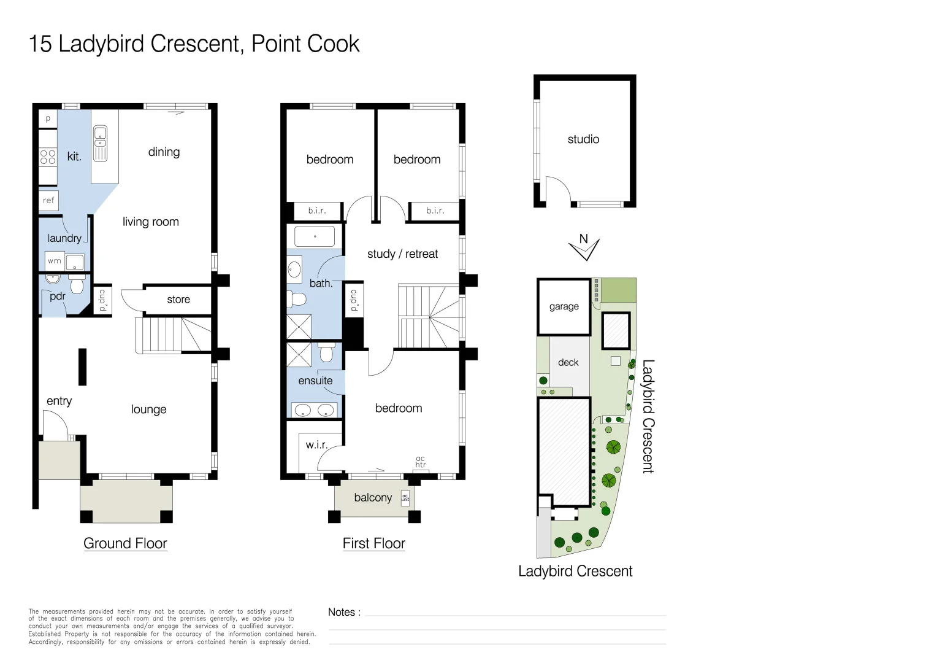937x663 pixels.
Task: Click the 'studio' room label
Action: tap(583, 139)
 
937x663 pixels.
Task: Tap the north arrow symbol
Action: tap(584, 247)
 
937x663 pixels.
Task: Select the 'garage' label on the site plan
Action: tap(564, 306)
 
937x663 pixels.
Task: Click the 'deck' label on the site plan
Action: tap(568, 362)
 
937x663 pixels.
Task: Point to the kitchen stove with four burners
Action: tap(48, 157)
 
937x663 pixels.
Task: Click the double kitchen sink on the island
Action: tap(100, 144)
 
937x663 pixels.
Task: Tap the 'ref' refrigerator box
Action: tap(48, 200)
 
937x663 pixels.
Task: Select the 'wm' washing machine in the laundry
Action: tap(55, 261)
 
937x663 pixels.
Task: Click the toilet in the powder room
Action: tap(77, 285)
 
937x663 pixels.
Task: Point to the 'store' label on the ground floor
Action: tap(178, 300)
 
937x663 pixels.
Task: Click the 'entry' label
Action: tap(59, 401)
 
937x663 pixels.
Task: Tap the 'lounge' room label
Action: tap(148, 409)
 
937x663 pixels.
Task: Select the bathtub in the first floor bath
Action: tap(315, 236)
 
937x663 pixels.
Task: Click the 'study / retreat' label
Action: tap(402, 254)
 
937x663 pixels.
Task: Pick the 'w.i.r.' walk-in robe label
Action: tap(316, 445)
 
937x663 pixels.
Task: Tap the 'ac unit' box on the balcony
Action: tap(405, 498)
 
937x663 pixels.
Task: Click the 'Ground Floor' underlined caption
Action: tap(125, 543)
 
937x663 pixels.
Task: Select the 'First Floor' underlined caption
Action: tap(373, 543)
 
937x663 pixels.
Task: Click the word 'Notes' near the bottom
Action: tap(342, 612)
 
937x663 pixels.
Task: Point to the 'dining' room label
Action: tap(164, 152)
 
